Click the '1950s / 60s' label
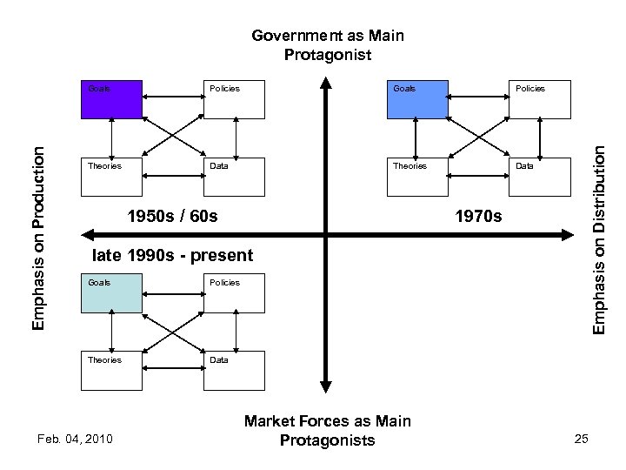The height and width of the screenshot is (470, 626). coord(172,215)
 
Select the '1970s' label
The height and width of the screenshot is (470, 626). coord(478,215)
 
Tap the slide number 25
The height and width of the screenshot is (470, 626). coord(582,437)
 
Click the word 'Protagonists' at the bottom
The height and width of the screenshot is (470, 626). coord(327,440)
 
